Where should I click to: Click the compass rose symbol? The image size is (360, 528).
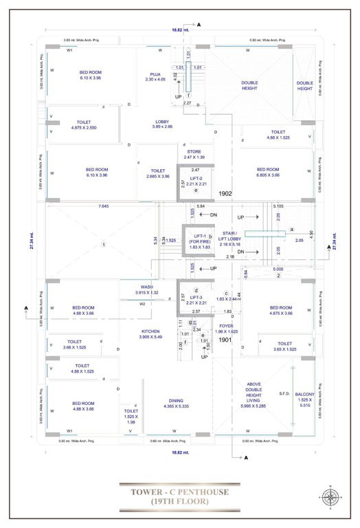[330, 496]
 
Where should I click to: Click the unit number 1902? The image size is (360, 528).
[226, 194]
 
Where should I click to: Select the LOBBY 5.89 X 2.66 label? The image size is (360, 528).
[162, 124]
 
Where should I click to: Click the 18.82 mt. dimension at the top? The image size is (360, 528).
[179, 30]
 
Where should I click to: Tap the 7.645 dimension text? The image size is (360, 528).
[104, 206]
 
